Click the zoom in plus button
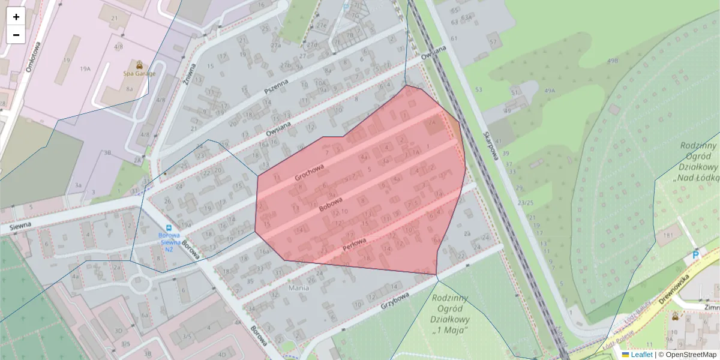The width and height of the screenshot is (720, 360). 16,17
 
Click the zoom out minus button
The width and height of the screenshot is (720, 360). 16,35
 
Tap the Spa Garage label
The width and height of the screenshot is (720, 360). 139,73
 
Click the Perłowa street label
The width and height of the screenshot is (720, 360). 354,244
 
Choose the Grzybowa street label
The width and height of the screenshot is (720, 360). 395,301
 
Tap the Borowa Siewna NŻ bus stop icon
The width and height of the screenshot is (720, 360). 169,227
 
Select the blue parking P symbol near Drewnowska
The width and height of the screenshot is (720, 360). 696,255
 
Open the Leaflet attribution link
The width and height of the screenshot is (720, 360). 641,355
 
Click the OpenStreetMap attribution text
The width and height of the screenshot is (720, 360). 687,355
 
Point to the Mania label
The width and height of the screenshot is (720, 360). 298,287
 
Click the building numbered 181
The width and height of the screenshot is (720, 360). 667,235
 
